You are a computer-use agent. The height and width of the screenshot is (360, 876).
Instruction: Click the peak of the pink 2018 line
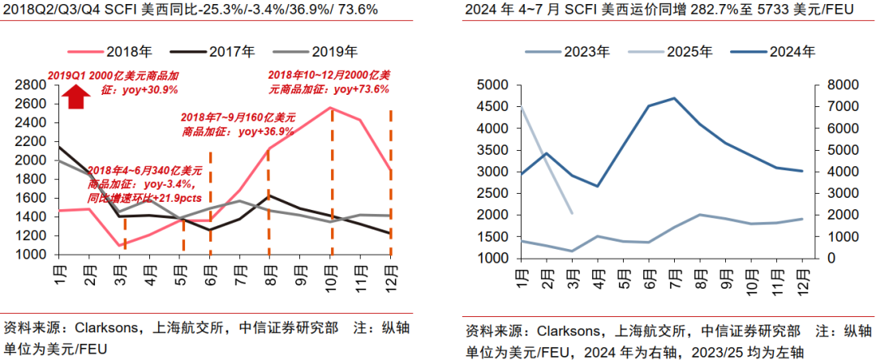click(332, 108)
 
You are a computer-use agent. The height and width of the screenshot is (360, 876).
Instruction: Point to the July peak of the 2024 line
click(674, 98)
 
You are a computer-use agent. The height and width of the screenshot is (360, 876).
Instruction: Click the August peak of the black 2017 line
click(269, 195)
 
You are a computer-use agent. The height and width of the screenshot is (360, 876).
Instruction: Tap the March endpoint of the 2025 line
click(573, 213)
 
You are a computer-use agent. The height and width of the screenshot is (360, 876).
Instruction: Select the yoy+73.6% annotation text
click(358, 89)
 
